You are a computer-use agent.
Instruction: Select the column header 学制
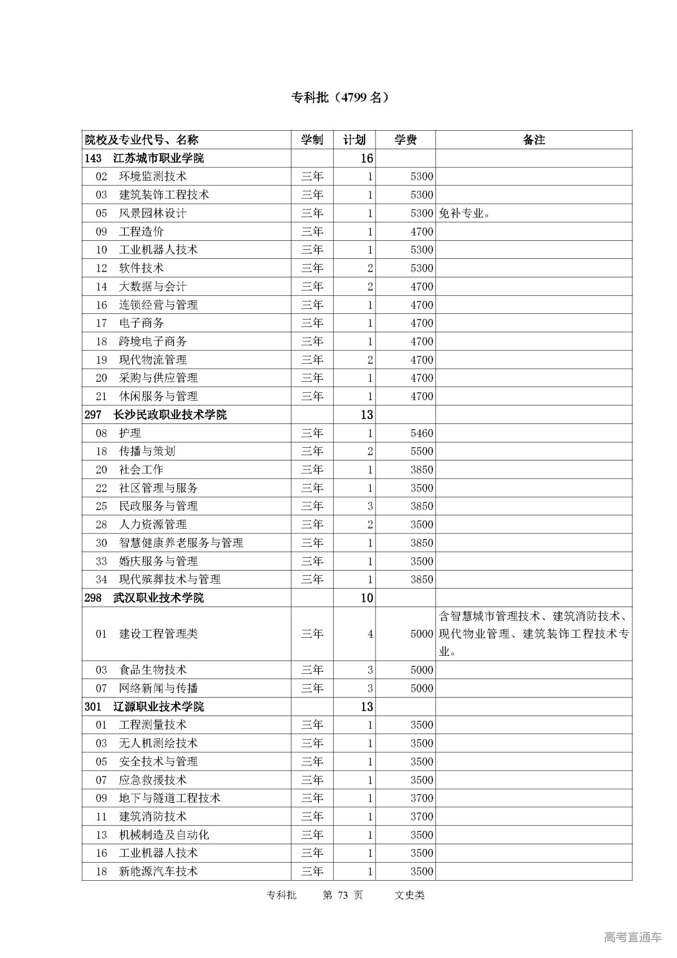tap(312, 140)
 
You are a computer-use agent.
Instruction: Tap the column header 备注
tap(534, 140)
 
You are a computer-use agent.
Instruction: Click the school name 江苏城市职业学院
tap(159, 158)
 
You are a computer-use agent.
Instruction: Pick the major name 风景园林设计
tap(153, 213)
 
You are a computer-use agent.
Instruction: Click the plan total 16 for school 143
tap(367, 158)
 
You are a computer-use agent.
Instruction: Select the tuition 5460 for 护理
tap(422, 433)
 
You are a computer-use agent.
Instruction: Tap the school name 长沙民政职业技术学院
tap(170, 414)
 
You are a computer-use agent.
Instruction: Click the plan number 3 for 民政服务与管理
tap(370, 507)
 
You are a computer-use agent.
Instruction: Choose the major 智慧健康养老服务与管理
tap(181, 543)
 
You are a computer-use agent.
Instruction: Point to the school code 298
tap(93, 598)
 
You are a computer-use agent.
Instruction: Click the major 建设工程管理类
tap(159, 634)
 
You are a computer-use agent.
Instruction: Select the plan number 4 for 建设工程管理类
tap(370, 634)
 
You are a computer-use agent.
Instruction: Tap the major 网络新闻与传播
tap(159, 689)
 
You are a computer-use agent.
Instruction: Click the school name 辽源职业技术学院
tap(159, 707)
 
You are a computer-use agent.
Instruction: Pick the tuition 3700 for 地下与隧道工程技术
tap(422, 798)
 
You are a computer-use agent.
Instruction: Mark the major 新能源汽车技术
tap(159, 871)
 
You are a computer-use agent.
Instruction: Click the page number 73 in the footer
tap(343, 895)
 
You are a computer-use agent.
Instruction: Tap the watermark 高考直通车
tap(633, 937)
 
